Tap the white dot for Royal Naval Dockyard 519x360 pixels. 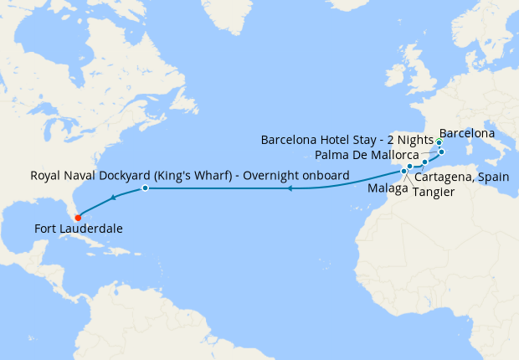click(145, 188)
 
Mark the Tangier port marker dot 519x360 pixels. click(403, 172)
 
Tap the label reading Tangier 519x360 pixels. click(434, 192)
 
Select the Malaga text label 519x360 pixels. click(387, 188)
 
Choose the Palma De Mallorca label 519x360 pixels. click(367, 156)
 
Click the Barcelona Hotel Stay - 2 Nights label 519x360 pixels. click(347, 139)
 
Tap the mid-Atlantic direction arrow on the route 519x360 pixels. click(289, 189)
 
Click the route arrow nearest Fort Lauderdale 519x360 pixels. click(112, 199)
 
